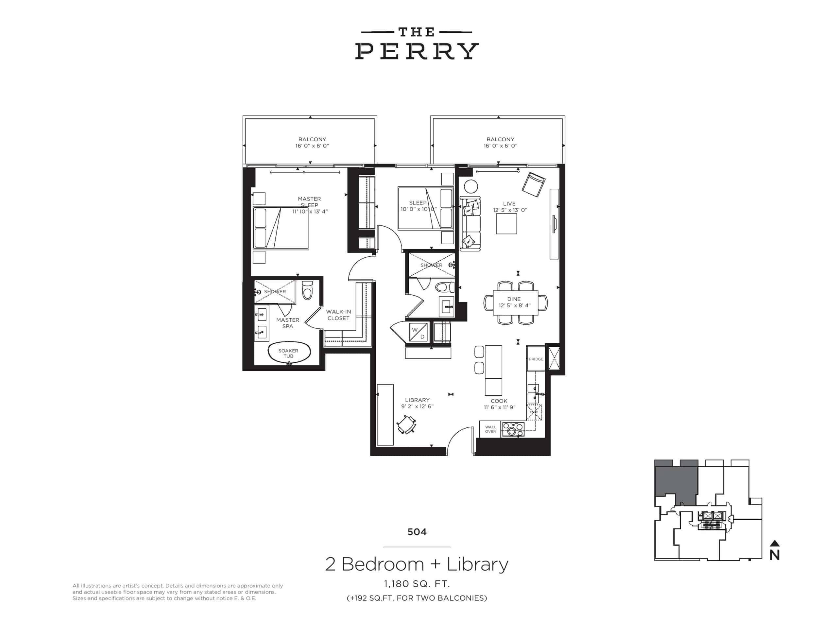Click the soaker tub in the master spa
click(289, 353)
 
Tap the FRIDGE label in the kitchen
click(536, 359)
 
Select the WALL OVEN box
click(490, 429)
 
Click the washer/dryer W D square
click(419, 333)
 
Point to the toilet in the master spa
click(307, 290)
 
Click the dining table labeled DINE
click(516, 302)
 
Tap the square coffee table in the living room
click(506, 224)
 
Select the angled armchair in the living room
click(533, 185)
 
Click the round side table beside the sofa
click(471, 187)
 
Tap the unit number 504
click(417, 532)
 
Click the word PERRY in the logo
click(417, 51)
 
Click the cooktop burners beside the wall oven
click(513, 430)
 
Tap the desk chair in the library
click(406, 425)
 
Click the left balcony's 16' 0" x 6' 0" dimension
click(312, 146)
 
